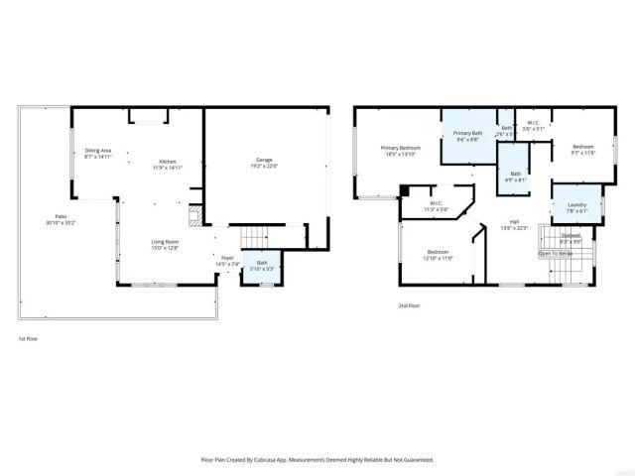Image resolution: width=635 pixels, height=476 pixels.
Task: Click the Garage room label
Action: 265,163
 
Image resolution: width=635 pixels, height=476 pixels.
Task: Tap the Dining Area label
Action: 98,154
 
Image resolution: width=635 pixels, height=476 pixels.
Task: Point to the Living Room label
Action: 164,244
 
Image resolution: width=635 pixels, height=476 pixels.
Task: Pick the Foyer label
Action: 227,262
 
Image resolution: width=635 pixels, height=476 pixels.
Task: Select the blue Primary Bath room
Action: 467,136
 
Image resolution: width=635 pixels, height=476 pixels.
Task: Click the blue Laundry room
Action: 576,207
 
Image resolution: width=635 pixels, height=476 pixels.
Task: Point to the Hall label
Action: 514,224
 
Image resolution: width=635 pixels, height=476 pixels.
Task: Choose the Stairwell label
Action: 571,239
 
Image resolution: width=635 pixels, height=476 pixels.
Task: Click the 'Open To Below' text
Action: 556,254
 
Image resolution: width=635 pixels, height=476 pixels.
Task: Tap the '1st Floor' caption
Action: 27,339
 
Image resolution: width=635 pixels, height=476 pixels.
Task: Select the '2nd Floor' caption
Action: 408,306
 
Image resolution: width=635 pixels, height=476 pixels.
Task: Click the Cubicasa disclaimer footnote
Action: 317,460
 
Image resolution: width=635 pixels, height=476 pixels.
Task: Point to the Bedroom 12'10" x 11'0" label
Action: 438,255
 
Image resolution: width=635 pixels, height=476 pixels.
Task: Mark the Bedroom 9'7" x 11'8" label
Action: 581,151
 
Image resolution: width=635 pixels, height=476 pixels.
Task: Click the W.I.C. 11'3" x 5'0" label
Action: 436,206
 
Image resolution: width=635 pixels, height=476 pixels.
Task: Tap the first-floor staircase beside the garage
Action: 255,238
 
